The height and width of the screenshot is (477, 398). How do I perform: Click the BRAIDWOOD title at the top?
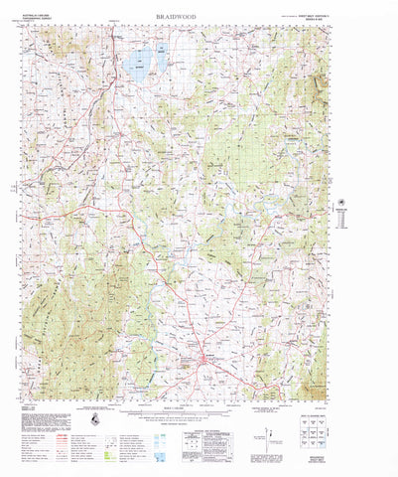click(x=199, y=18)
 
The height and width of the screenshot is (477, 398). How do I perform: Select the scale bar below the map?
click(x=199, y=409)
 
